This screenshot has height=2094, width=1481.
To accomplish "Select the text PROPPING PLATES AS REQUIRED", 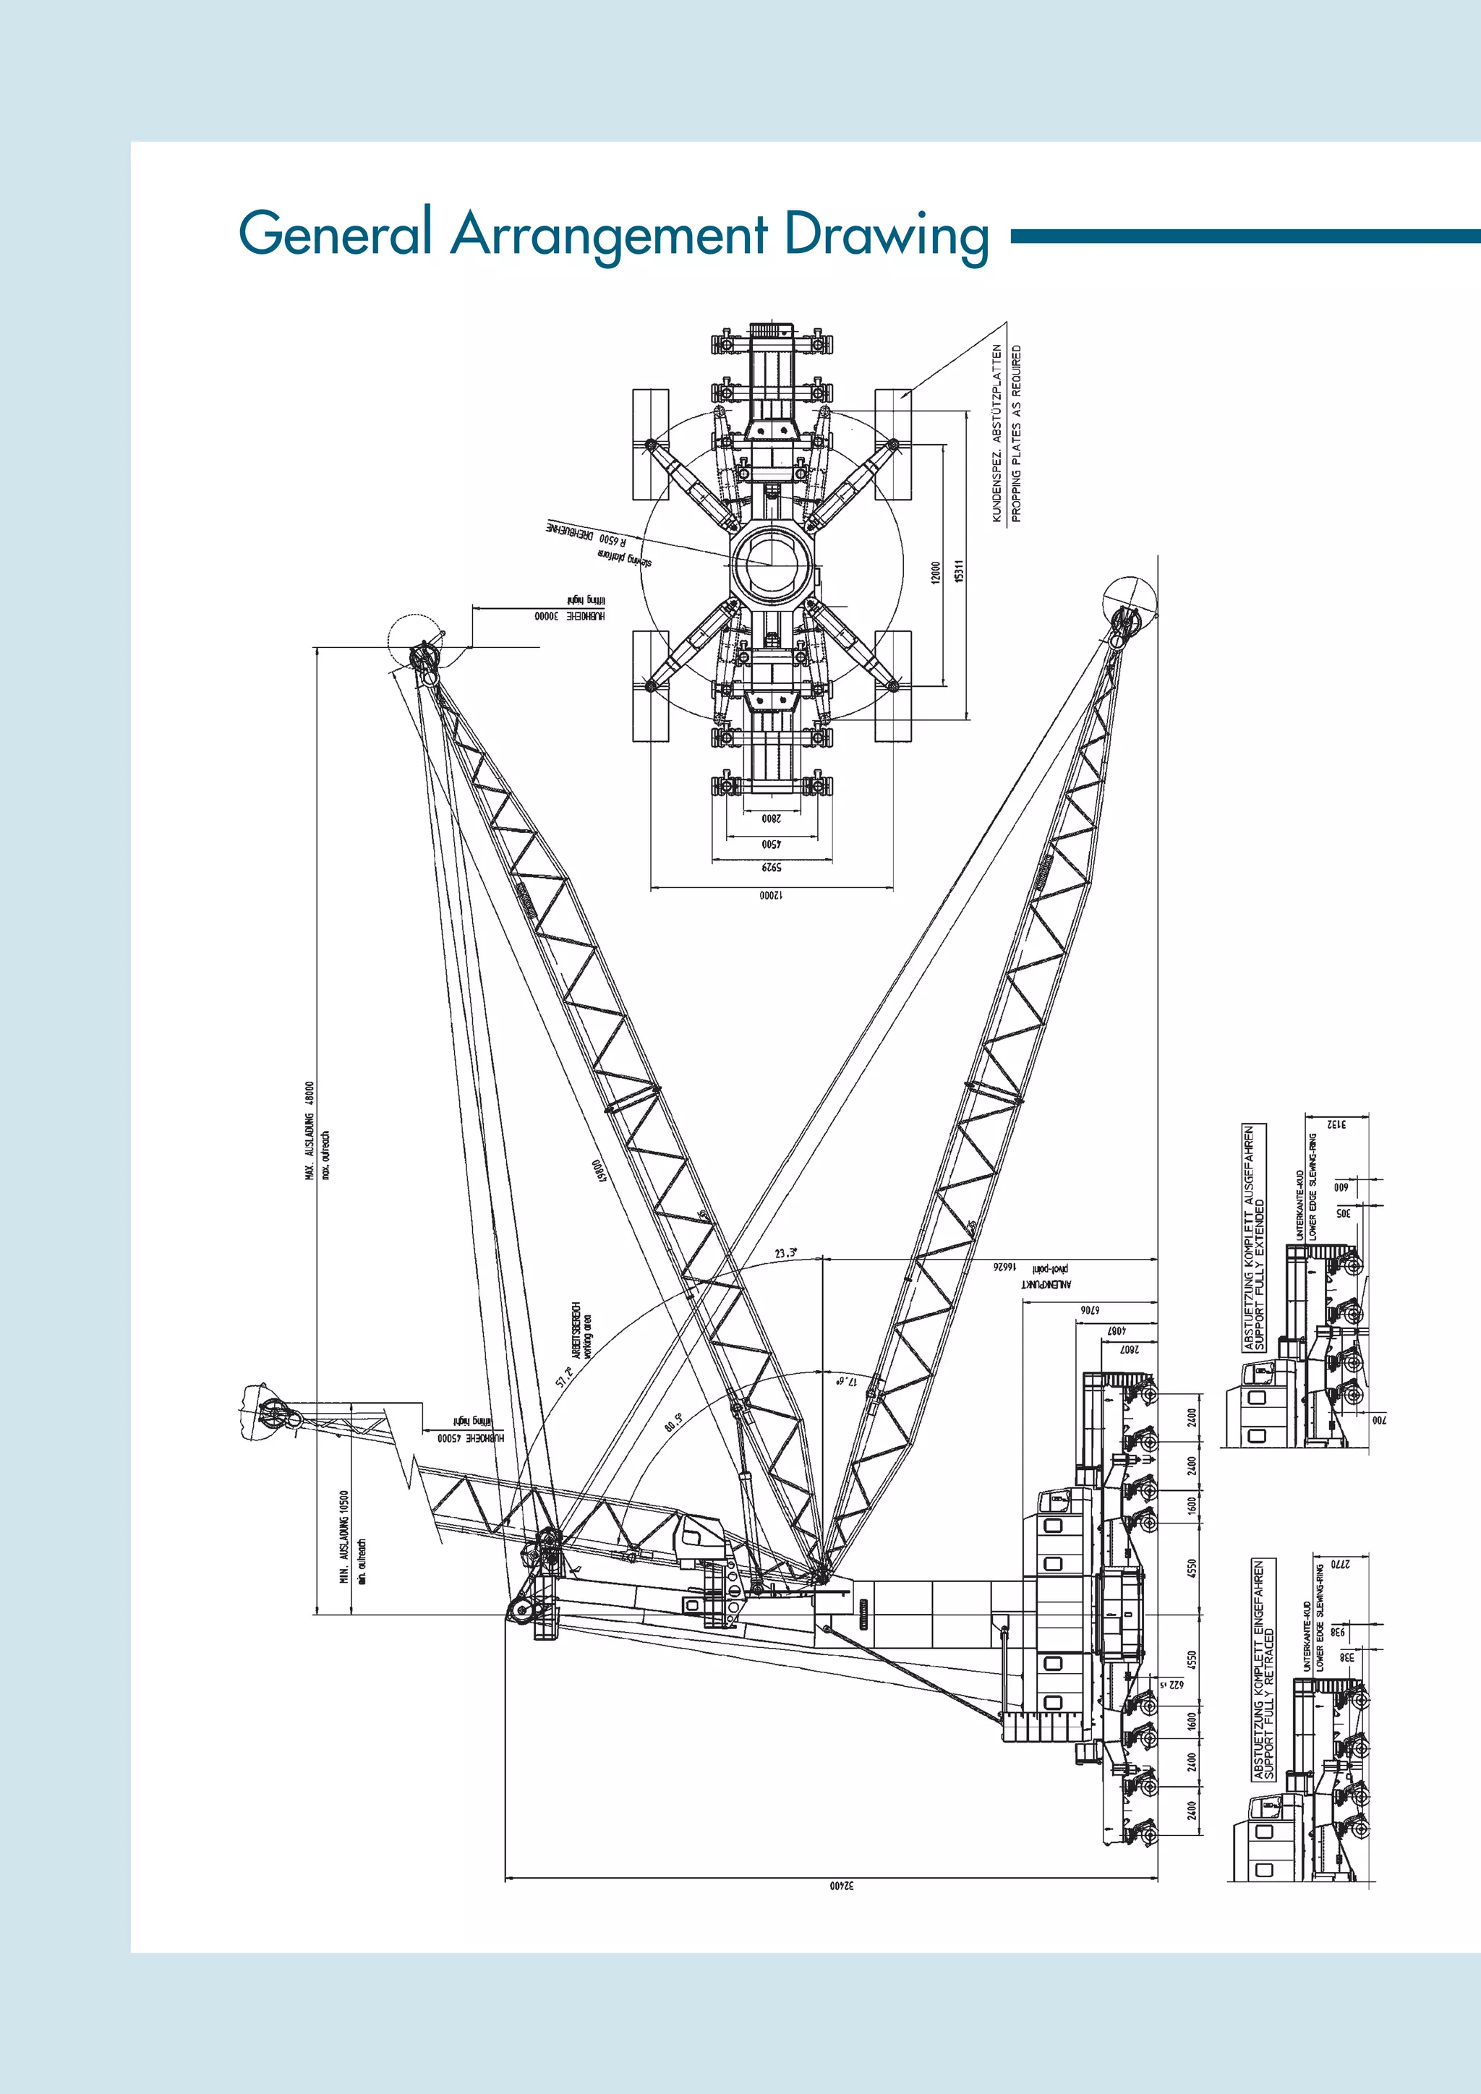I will click(x=1017, y=433).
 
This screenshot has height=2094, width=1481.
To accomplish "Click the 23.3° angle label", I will click(x=785, y=1253).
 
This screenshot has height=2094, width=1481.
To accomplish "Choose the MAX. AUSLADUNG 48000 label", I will click(x=310, y=1132).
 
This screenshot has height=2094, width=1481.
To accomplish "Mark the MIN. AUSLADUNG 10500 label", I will click(x=343, y=1537).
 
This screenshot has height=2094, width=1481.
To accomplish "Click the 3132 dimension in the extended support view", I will click(x=1337, y=1124).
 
